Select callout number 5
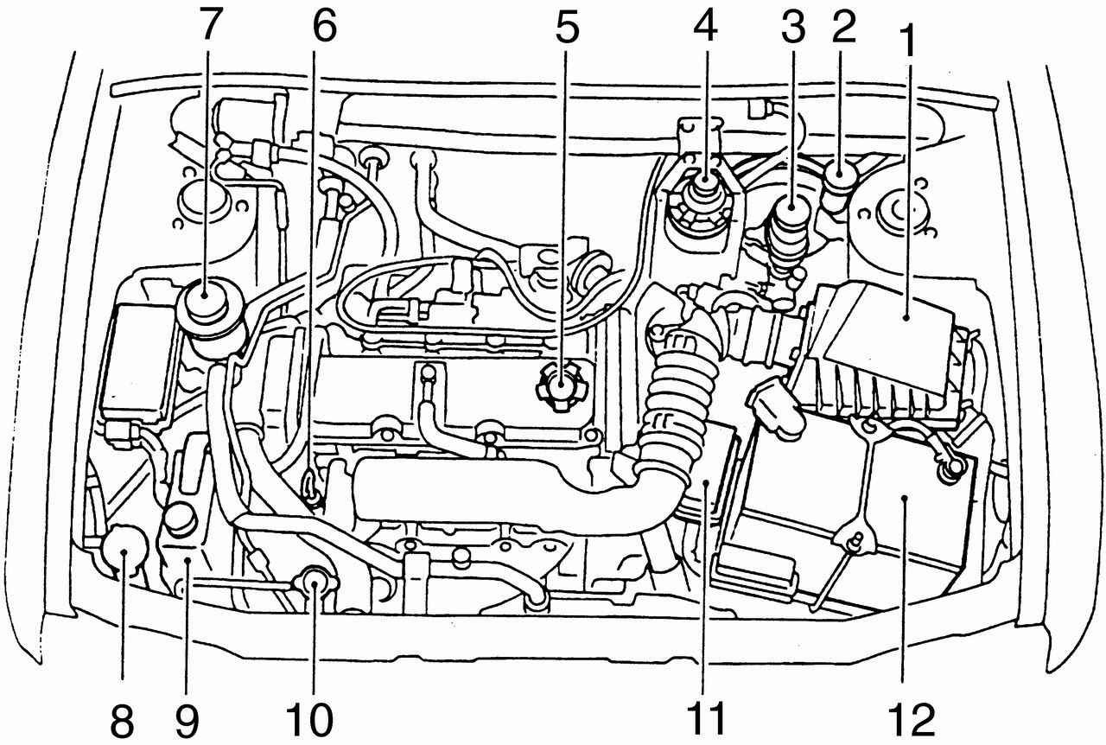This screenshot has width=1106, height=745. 567,27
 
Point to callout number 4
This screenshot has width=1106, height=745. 705,27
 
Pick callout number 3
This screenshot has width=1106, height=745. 793,27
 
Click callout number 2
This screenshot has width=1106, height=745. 843,27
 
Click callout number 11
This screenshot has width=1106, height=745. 707,719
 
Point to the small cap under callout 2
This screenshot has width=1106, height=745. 841,181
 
